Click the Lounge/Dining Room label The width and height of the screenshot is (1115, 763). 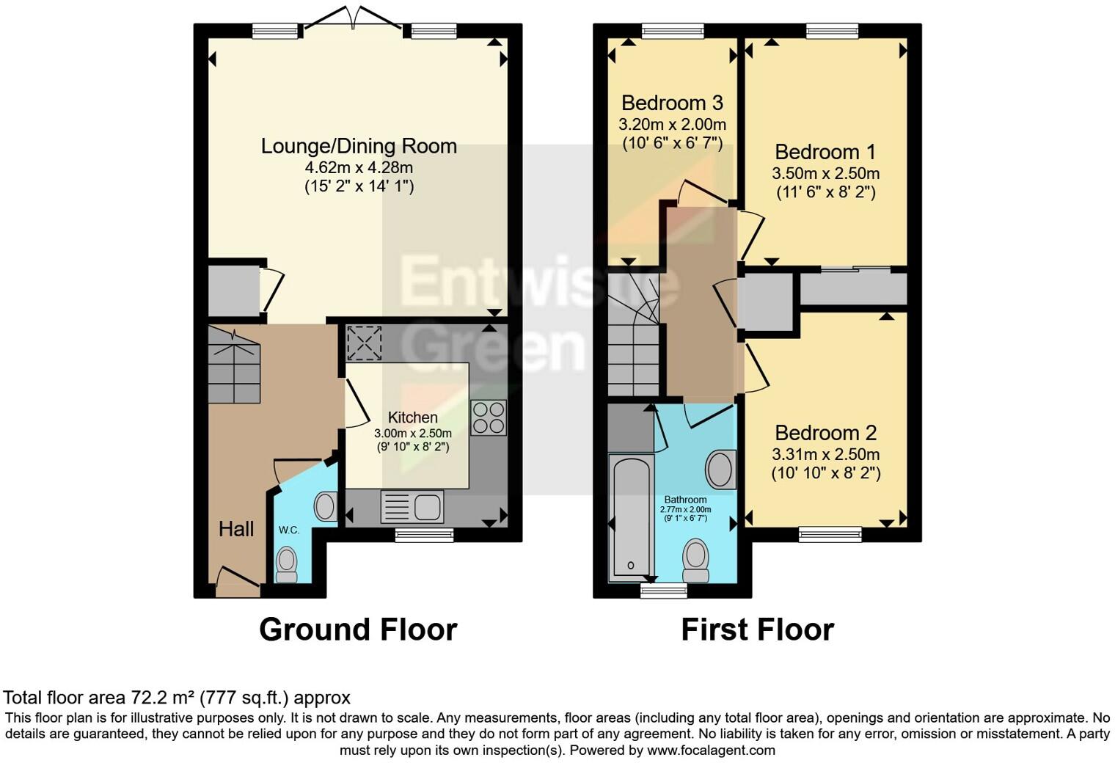(359, 146)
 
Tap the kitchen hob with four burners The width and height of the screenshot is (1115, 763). (488, 417)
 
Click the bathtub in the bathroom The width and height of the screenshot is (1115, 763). (631, 516)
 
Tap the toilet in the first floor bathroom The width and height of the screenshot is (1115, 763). (695, 561)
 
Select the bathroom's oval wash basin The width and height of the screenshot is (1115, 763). (720, 470)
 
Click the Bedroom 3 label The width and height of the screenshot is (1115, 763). (672, 103)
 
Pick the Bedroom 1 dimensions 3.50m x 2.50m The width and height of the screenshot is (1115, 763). (825, 174)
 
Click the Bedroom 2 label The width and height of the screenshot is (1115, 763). (825, 433)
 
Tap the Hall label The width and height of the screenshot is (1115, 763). (236, 529)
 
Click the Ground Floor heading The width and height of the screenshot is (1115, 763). (358, 629)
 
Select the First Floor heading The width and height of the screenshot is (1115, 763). (757, 629)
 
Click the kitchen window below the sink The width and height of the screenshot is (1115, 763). (424, 536)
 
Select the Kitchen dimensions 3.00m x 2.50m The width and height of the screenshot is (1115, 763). (412, 434)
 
